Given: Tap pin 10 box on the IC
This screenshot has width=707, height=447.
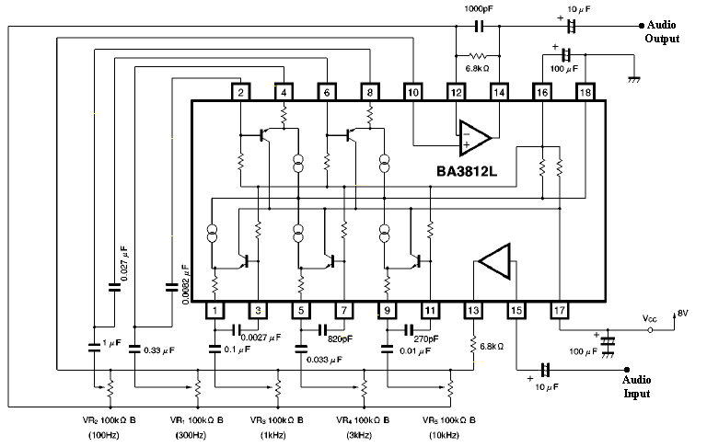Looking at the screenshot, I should click(413, 92).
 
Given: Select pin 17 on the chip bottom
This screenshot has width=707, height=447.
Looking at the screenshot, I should click(559, 311).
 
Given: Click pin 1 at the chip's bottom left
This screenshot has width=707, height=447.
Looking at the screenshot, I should click(213, 311).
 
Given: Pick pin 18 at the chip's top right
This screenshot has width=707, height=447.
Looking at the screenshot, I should click(585, 92).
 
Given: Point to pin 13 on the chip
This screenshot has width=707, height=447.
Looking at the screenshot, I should click(472, 311).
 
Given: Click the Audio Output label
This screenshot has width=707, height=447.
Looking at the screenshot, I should click(663, 32).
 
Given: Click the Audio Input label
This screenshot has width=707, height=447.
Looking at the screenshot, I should click(635, 386).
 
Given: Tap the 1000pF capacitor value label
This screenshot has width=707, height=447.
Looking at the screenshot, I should click(478, 8).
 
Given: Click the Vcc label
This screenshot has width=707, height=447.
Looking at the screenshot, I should click(651, 317).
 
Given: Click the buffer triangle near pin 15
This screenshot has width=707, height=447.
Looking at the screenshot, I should click(495, 261).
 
